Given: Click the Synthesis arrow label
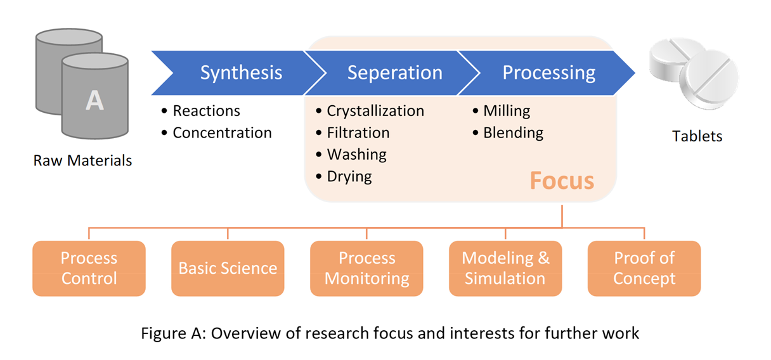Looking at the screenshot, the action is tap(242, 73).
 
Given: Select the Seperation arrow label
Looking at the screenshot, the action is tap(395, 73).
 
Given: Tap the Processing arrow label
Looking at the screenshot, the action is tap(549, 73).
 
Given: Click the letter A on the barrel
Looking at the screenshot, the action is tap(94, 101).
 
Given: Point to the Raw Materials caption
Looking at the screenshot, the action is tap(82, 160).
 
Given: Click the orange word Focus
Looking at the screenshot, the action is tap(562, 181).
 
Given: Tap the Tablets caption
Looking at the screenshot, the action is tap(697, 136).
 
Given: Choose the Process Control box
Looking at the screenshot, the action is tap(89, 269).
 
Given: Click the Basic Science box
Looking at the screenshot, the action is tap(228, 269).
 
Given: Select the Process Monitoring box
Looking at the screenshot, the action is tap(366, 269).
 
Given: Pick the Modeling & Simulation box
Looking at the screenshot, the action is tap(505, 269).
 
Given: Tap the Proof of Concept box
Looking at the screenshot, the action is tap(644, 269).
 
